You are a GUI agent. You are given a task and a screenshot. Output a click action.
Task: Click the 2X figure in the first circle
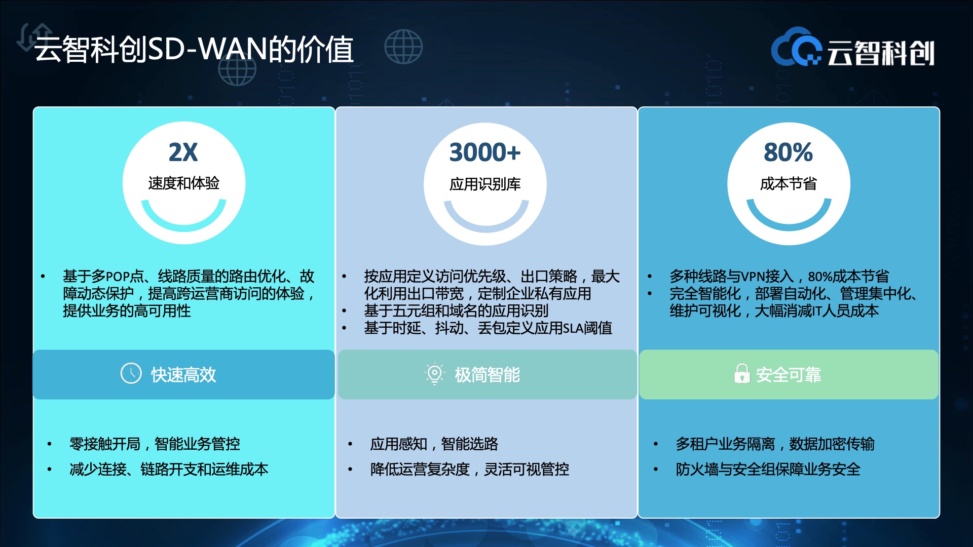(x=183, y=152)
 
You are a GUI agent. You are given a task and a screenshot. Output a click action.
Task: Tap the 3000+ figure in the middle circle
(x=485, y=152)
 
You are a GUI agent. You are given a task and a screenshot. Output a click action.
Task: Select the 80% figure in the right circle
(x=788, y=152)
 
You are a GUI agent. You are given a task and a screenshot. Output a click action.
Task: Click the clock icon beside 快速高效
(x=131, y=373)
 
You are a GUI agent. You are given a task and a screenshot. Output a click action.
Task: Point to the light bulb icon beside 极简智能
(x=434, y=374)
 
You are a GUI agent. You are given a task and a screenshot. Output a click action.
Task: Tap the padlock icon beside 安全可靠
(x=742, y=373)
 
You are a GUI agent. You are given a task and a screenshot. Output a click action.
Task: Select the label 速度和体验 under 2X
(x=183, y=183)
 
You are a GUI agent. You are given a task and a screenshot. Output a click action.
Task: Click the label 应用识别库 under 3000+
(x=485, y=184)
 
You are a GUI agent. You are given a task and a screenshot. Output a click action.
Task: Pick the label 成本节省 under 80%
(x=788, y=183)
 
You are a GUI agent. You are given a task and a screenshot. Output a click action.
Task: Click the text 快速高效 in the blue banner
(x=183, y=375)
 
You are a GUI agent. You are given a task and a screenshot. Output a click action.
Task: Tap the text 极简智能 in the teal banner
(x=487, y=375)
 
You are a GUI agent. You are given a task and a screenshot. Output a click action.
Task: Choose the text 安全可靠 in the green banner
(x=789, y=375)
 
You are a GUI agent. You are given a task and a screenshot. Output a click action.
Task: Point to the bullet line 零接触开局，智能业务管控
(x=155, y=444)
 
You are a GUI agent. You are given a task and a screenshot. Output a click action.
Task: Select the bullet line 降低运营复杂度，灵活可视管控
(x=470, y=469)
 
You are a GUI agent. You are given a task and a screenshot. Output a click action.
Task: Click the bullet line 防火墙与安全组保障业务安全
(x=768, y=469)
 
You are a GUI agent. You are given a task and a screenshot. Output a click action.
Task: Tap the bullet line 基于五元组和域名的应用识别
(x=456, y=310)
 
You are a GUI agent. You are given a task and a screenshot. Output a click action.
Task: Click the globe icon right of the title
(x=403, y=47)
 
